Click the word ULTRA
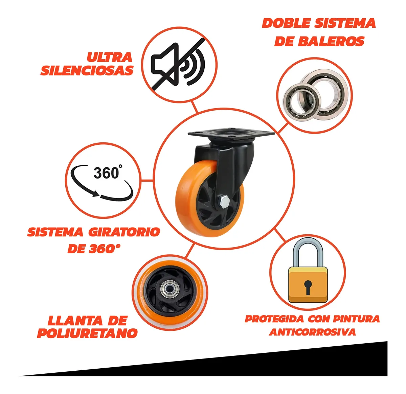109,57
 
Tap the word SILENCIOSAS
87,70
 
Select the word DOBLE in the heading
286,23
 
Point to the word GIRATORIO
124,232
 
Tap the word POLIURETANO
87,333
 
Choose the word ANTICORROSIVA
312,332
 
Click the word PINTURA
356,319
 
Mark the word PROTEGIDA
274,319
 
